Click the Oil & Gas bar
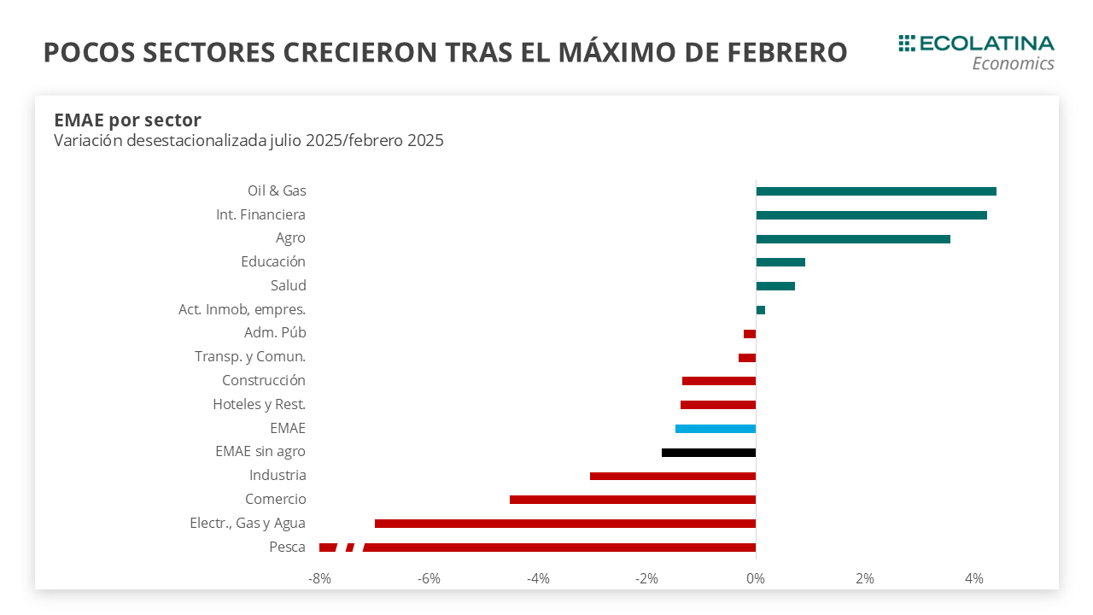tap(876, 191)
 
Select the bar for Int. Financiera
tap(871, 215)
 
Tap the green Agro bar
tap(853, 239)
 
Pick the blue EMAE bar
tap(716, 429)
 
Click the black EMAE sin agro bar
tap(709, 453)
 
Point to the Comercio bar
tap(633, 500)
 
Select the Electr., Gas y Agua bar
tap(565, 524)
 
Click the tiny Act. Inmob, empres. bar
tap(761, 310)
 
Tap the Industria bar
tap(673, 476)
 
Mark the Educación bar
tap(780, 262)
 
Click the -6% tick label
tap(429, 579)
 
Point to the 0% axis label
tap(756, 579)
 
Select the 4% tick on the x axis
tap(974, 579)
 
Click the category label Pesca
tap(287, 547)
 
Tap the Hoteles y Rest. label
tap(259, 404)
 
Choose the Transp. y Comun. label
tap(250, 356)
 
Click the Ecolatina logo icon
tap(907, 43)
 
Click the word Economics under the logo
tap(1013, 63)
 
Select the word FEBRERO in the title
tap(787, 52)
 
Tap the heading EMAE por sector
tap(127, 120)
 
